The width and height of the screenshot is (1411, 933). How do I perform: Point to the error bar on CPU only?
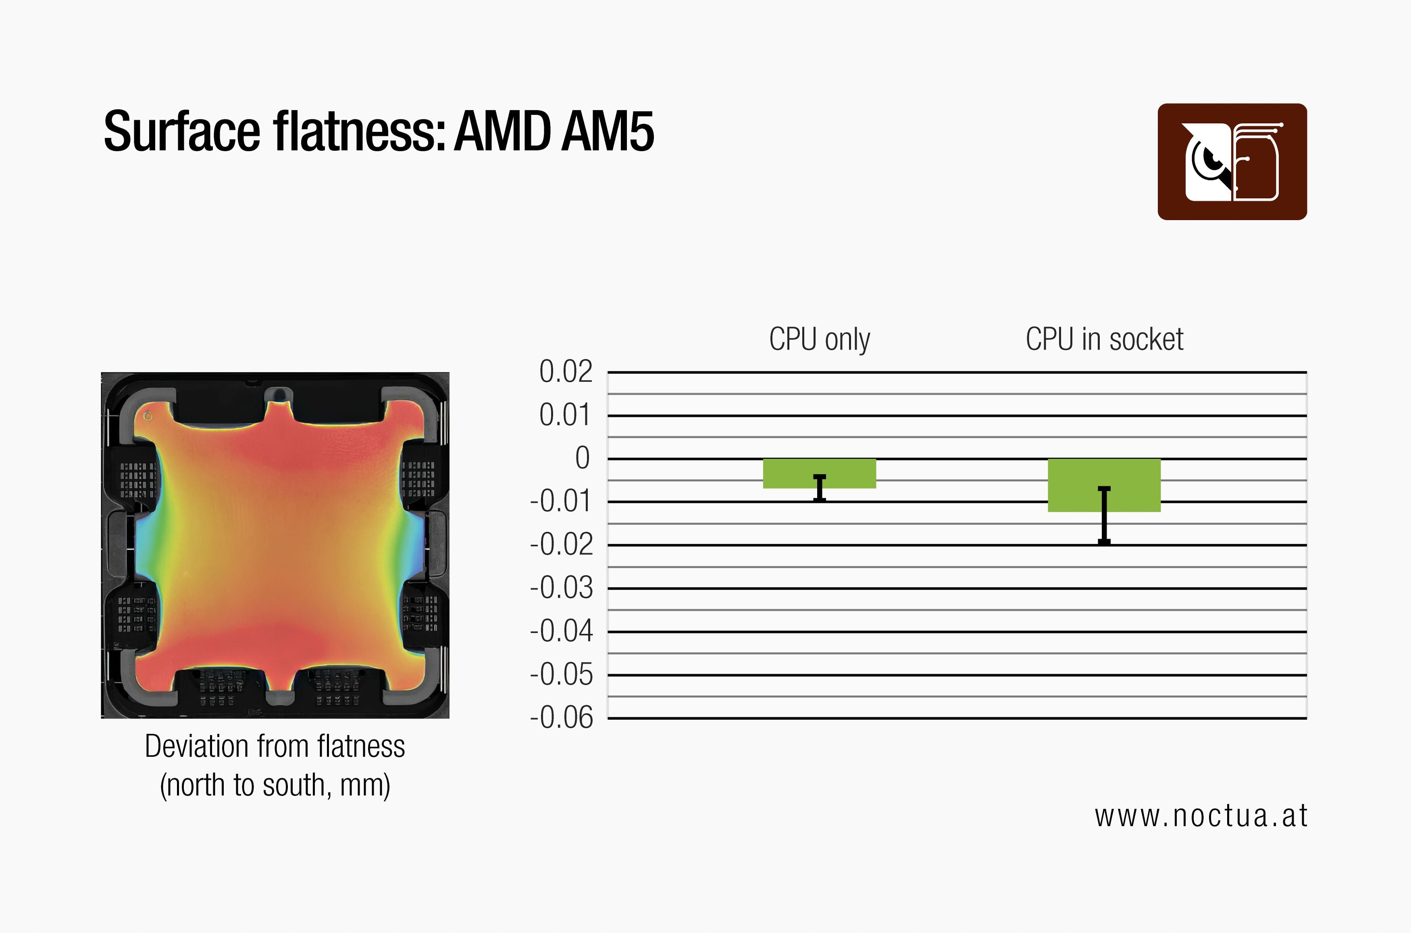pyautogui.click(x=820, y=488)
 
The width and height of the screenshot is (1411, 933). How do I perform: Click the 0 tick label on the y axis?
pyautogui.click(x=582, y=458)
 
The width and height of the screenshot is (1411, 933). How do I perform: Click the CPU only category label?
pyautogui.click(x=820, y=339)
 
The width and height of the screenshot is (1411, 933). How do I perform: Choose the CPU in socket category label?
pyautogui.click(x=1104, y=339)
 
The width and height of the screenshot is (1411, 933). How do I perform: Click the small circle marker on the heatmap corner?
pyautogui.click(x=148, y=416)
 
